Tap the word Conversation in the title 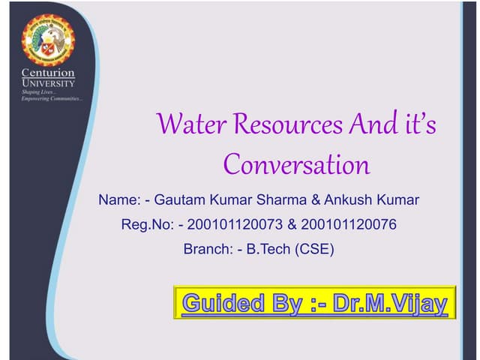297,163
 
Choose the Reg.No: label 147,224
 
